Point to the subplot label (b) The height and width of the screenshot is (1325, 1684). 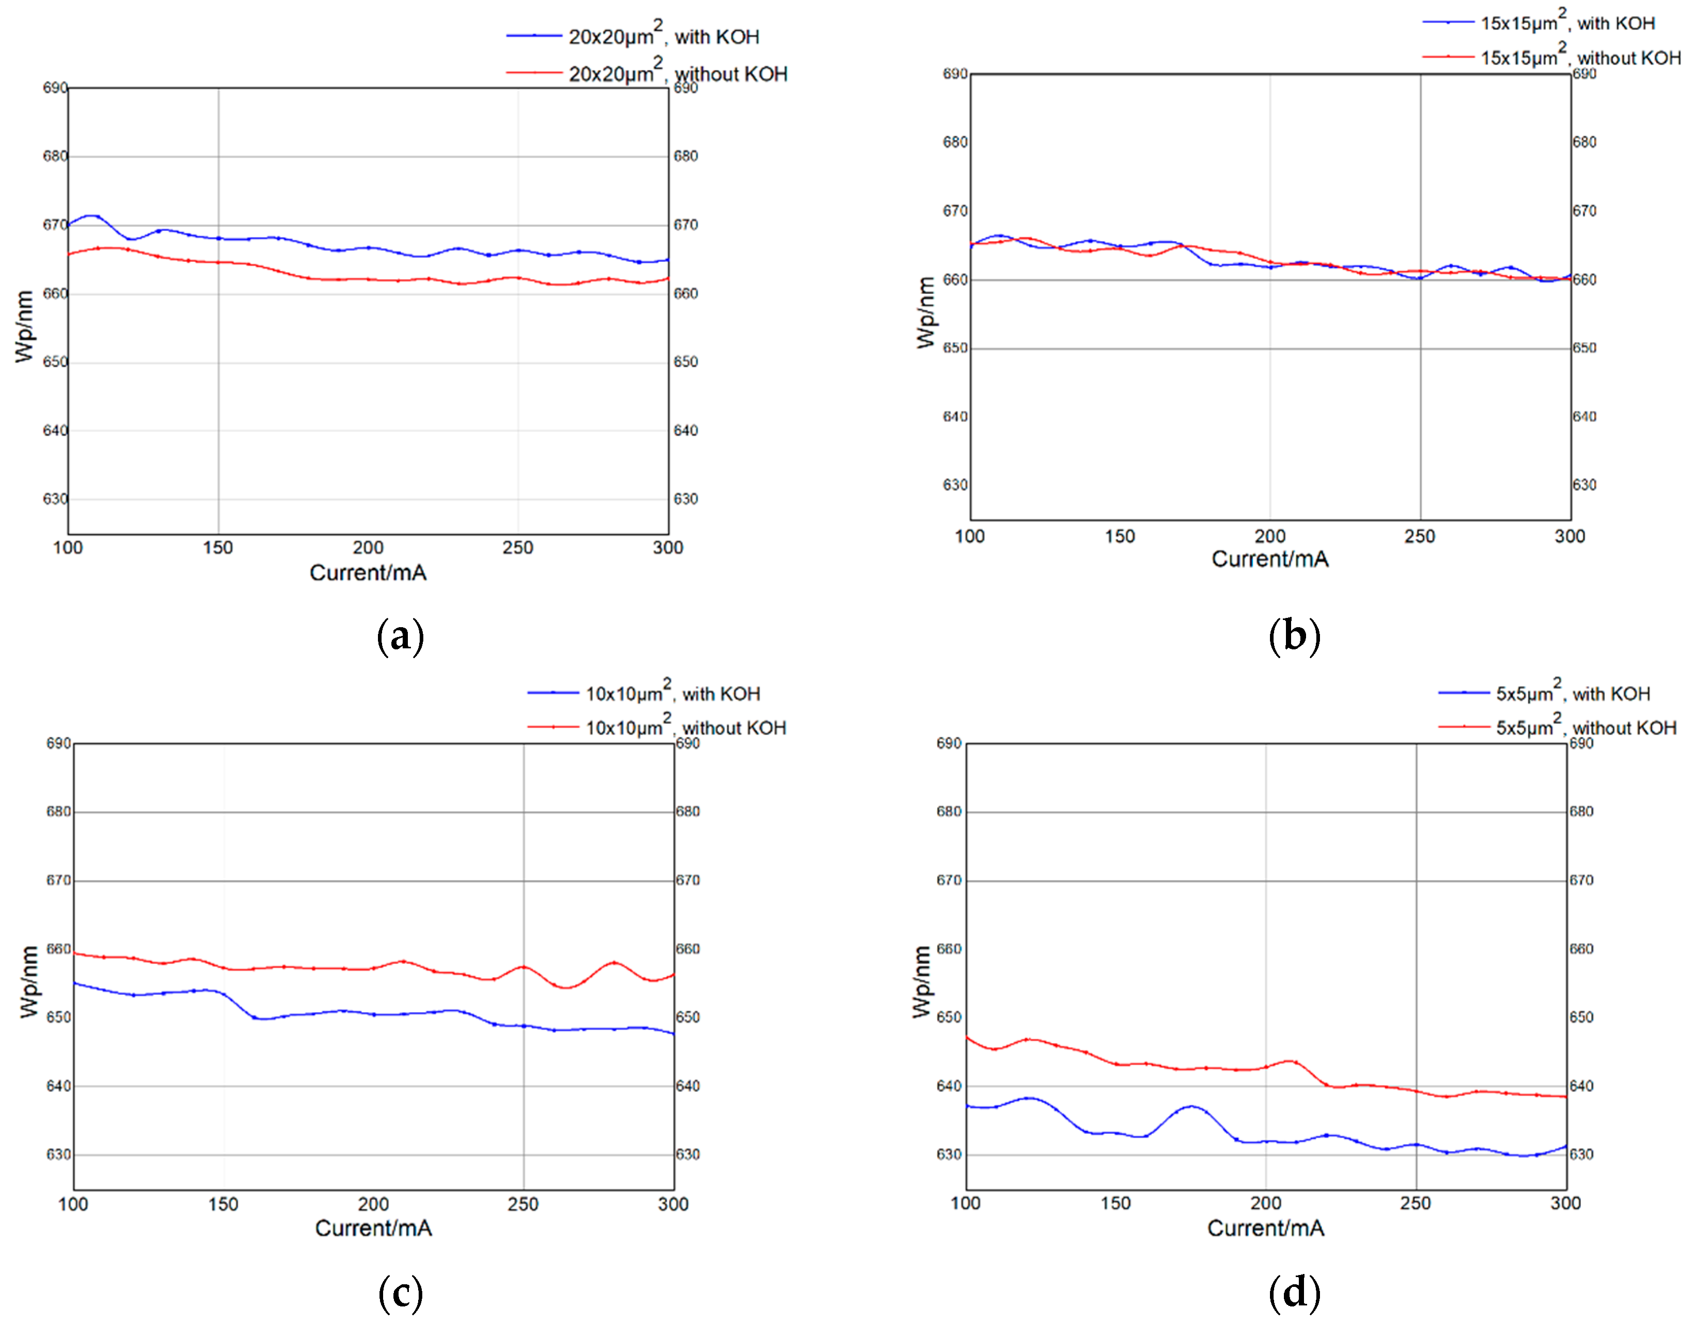[x=1294, y=636]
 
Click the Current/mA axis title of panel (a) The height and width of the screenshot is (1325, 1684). [x=368, y=573]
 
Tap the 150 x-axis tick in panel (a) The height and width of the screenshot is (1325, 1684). [x=218, y=548]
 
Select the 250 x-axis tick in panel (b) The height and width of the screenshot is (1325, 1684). [x=1419, y=536]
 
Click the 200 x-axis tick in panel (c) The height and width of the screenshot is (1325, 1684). [x=373, y=1203]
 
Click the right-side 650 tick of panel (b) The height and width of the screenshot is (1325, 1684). [x=1584, y=347]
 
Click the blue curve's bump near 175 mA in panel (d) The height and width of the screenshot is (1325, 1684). [x=1191, y=1106]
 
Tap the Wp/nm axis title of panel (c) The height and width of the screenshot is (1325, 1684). [x=29, y=981]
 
